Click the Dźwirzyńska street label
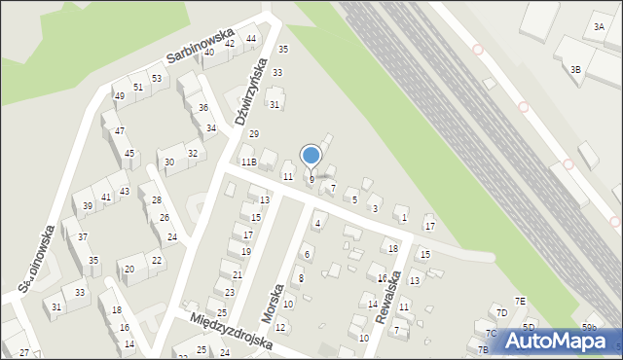coord(250,92)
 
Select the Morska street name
coord(277,304)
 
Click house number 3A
coord(598,28)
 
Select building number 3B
coord(575,69)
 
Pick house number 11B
coord(249,162)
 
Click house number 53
coord(156,78)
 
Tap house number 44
coord(251,39)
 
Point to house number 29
coord(254,134)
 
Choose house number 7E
coord(521,302)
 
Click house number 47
coord(119,130)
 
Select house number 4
coord(317,224)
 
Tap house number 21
coord(237,275)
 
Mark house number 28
coord(156,199)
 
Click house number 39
coord(88,205)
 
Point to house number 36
coord(202,108)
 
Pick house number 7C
coord(492,334)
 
